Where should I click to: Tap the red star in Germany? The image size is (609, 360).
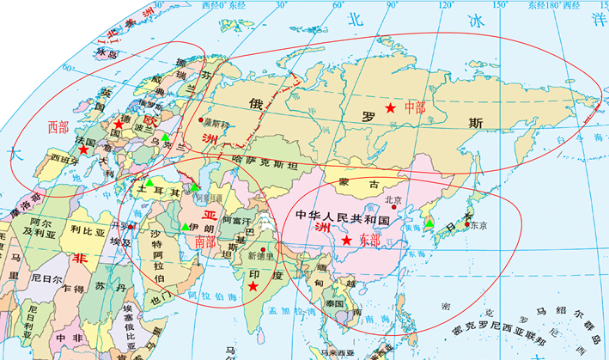119,125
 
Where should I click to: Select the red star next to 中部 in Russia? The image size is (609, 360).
391,108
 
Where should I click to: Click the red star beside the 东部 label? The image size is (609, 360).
346,241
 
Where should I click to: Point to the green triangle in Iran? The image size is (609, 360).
185,227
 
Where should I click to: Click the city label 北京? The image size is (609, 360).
393,200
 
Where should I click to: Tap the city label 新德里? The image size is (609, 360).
259,256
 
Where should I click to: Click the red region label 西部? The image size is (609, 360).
58,127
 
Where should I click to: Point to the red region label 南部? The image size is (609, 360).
205,243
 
